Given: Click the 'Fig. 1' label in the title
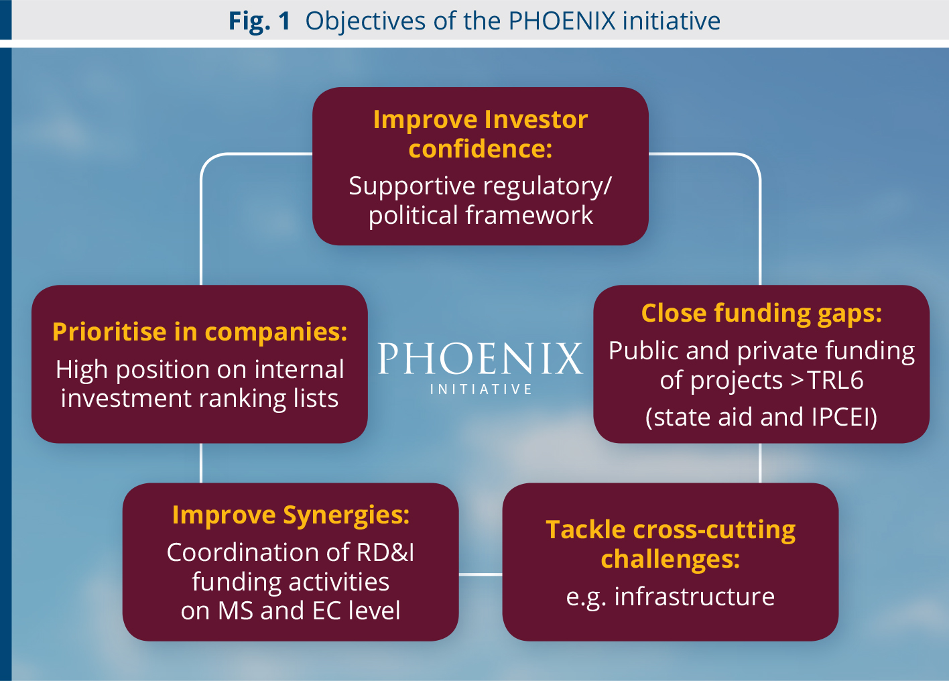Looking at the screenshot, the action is pos(259,21).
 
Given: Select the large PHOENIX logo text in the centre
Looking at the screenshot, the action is pos(481,359).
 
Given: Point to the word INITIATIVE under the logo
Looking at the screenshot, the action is pos(481,389).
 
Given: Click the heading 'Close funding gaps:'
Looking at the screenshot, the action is pos(761,314).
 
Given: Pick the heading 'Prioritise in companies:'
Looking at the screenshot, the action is pos(200,331).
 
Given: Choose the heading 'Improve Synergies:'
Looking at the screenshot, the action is pos(291,515).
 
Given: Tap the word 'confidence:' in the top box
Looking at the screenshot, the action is pos(481,149).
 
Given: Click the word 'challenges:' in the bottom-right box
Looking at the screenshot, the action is pos(670,560).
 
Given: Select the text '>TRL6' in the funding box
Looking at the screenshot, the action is pos(827,379).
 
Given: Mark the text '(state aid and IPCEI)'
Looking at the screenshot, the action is pos(761,417).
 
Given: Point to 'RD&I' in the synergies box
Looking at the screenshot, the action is pos(385,552).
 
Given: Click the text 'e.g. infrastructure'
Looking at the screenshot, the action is pos(670,597).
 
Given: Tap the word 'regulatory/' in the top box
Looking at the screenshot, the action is pos(548,186).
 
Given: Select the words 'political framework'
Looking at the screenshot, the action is pos(481,215).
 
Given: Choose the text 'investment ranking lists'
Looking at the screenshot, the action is pos(200,399).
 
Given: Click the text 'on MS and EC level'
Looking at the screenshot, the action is pos(291,611).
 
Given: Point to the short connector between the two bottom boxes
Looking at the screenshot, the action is pos(481,574).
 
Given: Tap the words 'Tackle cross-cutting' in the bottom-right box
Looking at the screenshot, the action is pos(670,530).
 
